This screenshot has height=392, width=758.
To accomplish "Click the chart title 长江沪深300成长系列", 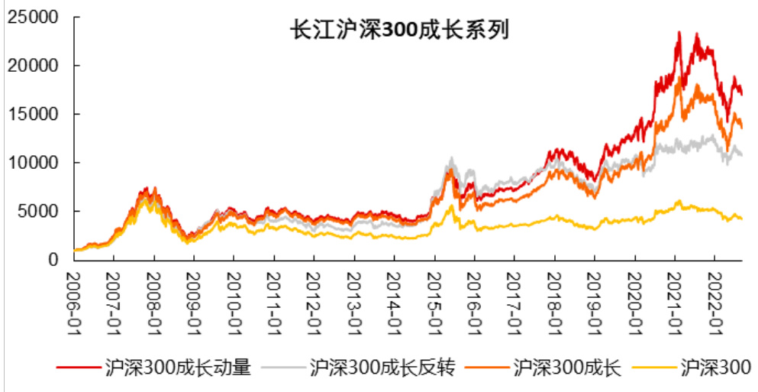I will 399,30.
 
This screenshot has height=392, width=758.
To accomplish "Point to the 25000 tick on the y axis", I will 34,18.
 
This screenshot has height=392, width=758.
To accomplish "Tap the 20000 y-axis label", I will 34,66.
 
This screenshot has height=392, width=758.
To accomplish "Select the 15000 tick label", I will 34,115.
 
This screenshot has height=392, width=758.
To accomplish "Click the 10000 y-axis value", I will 34,163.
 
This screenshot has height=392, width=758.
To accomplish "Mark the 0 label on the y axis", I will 53,260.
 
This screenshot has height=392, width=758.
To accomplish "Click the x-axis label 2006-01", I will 73,302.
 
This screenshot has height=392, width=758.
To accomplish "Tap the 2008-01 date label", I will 153,302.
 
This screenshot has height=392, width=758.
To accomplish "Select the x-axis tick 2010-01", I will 234,302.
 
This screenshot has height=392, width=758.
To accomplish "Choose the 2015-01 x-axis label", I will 434,302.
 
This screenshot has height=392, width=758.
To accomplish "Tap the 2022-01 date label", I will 714,302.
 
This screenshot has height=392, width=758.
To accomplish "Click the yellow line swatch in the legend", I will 656,368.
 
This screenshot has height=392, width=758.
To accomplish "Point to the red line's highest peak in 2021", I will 679,33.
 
